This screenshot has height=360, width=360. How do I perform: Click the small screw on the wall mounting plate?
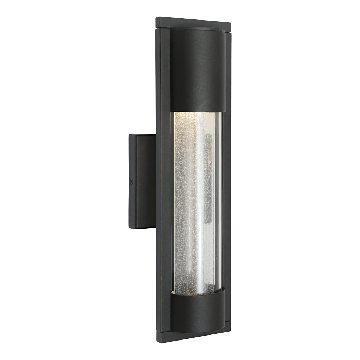132,183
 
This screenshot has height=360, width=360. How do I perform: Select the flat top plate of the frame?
193,23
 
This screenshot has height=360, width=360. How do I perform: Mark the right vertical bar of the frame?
226,180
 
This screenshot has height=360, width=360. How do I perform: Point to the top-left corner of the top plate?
156,18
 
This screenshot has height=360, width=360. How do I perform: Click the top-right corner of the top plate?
230,24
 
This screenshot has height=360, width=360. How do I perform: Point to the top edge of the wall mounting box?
142,134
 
